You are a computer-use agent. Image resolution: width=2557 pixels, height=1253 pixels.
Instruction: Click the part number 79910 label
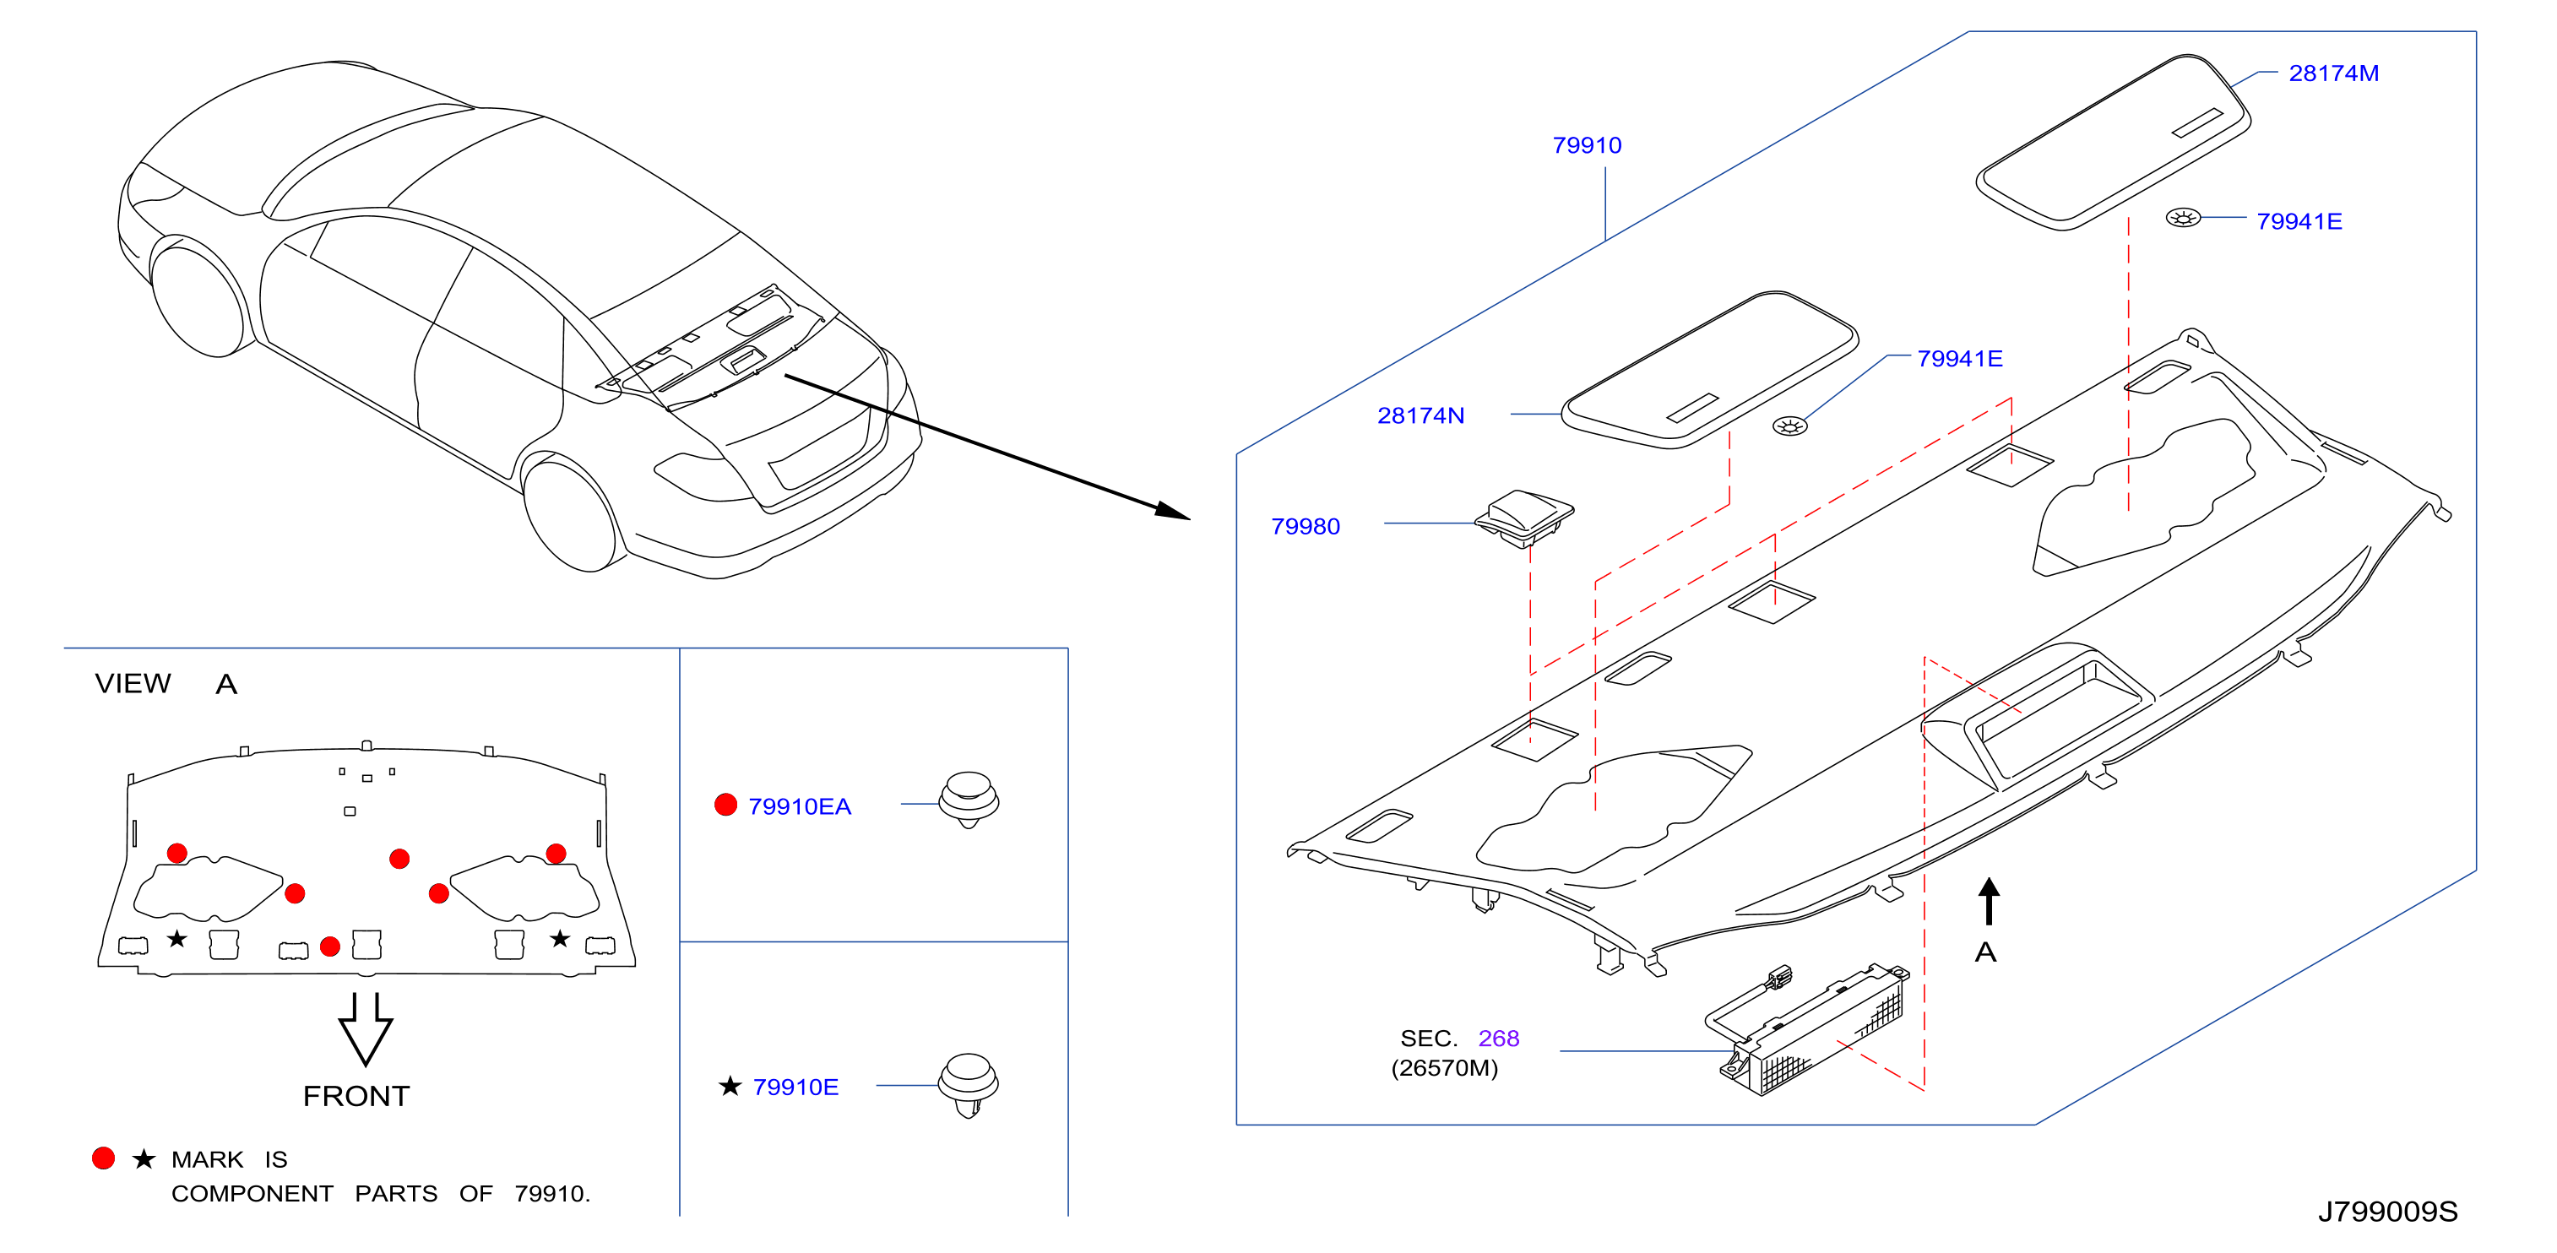click(1586, 145)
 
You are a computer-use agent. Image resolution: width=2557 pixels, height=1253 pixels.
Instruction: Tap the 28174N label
click(1420, 415)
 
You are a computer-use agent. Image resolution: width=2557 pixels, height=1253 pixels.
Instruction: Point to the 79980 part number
click(1306, 526)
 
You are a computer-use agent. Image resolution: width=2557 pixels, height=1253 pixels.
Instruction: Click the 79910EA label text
click(799, 806)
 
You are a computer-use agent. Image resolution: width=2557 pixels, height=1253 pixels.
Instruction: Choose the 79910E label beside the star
click(795, 1088)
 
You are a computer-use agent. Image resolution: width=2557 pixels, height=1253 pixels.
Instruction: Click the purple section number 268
click(1498, 1038)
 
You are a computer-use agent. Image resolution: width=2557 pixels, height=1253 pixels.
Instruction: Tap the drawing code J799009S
click(2387, 1212)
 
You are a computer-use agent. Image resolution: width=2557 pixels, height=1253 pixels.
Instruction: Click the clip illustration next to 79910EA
click(969, 800)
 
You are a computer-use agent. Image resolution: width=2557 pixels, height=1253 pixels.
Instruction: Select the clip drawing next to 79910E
click(968, 1084)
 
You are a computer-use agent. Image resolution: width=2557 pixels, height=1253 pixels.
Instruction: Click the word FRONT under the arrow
click(356, 1096)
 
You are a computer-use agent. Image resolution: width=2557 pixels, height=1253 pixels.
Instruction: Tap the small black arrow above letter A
click(1988, 901)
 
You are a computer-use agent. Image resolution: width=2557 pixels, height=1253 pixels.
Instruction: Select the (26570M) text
click(1444, 1068)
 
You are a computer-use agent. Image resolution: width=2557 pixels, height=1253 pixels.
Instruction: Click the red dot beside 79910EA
click(725, 804)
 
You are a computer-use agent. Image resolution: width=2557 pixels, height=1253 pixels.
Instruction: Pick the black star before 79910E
click(730, 1086)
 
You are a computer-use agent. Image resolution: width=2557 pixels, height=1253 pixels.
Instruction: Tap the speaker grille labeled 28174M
click(2115, 142)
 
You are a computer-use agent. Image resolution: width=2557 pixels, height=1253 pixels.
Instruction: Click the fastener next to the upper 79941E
click(2183, 218)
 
